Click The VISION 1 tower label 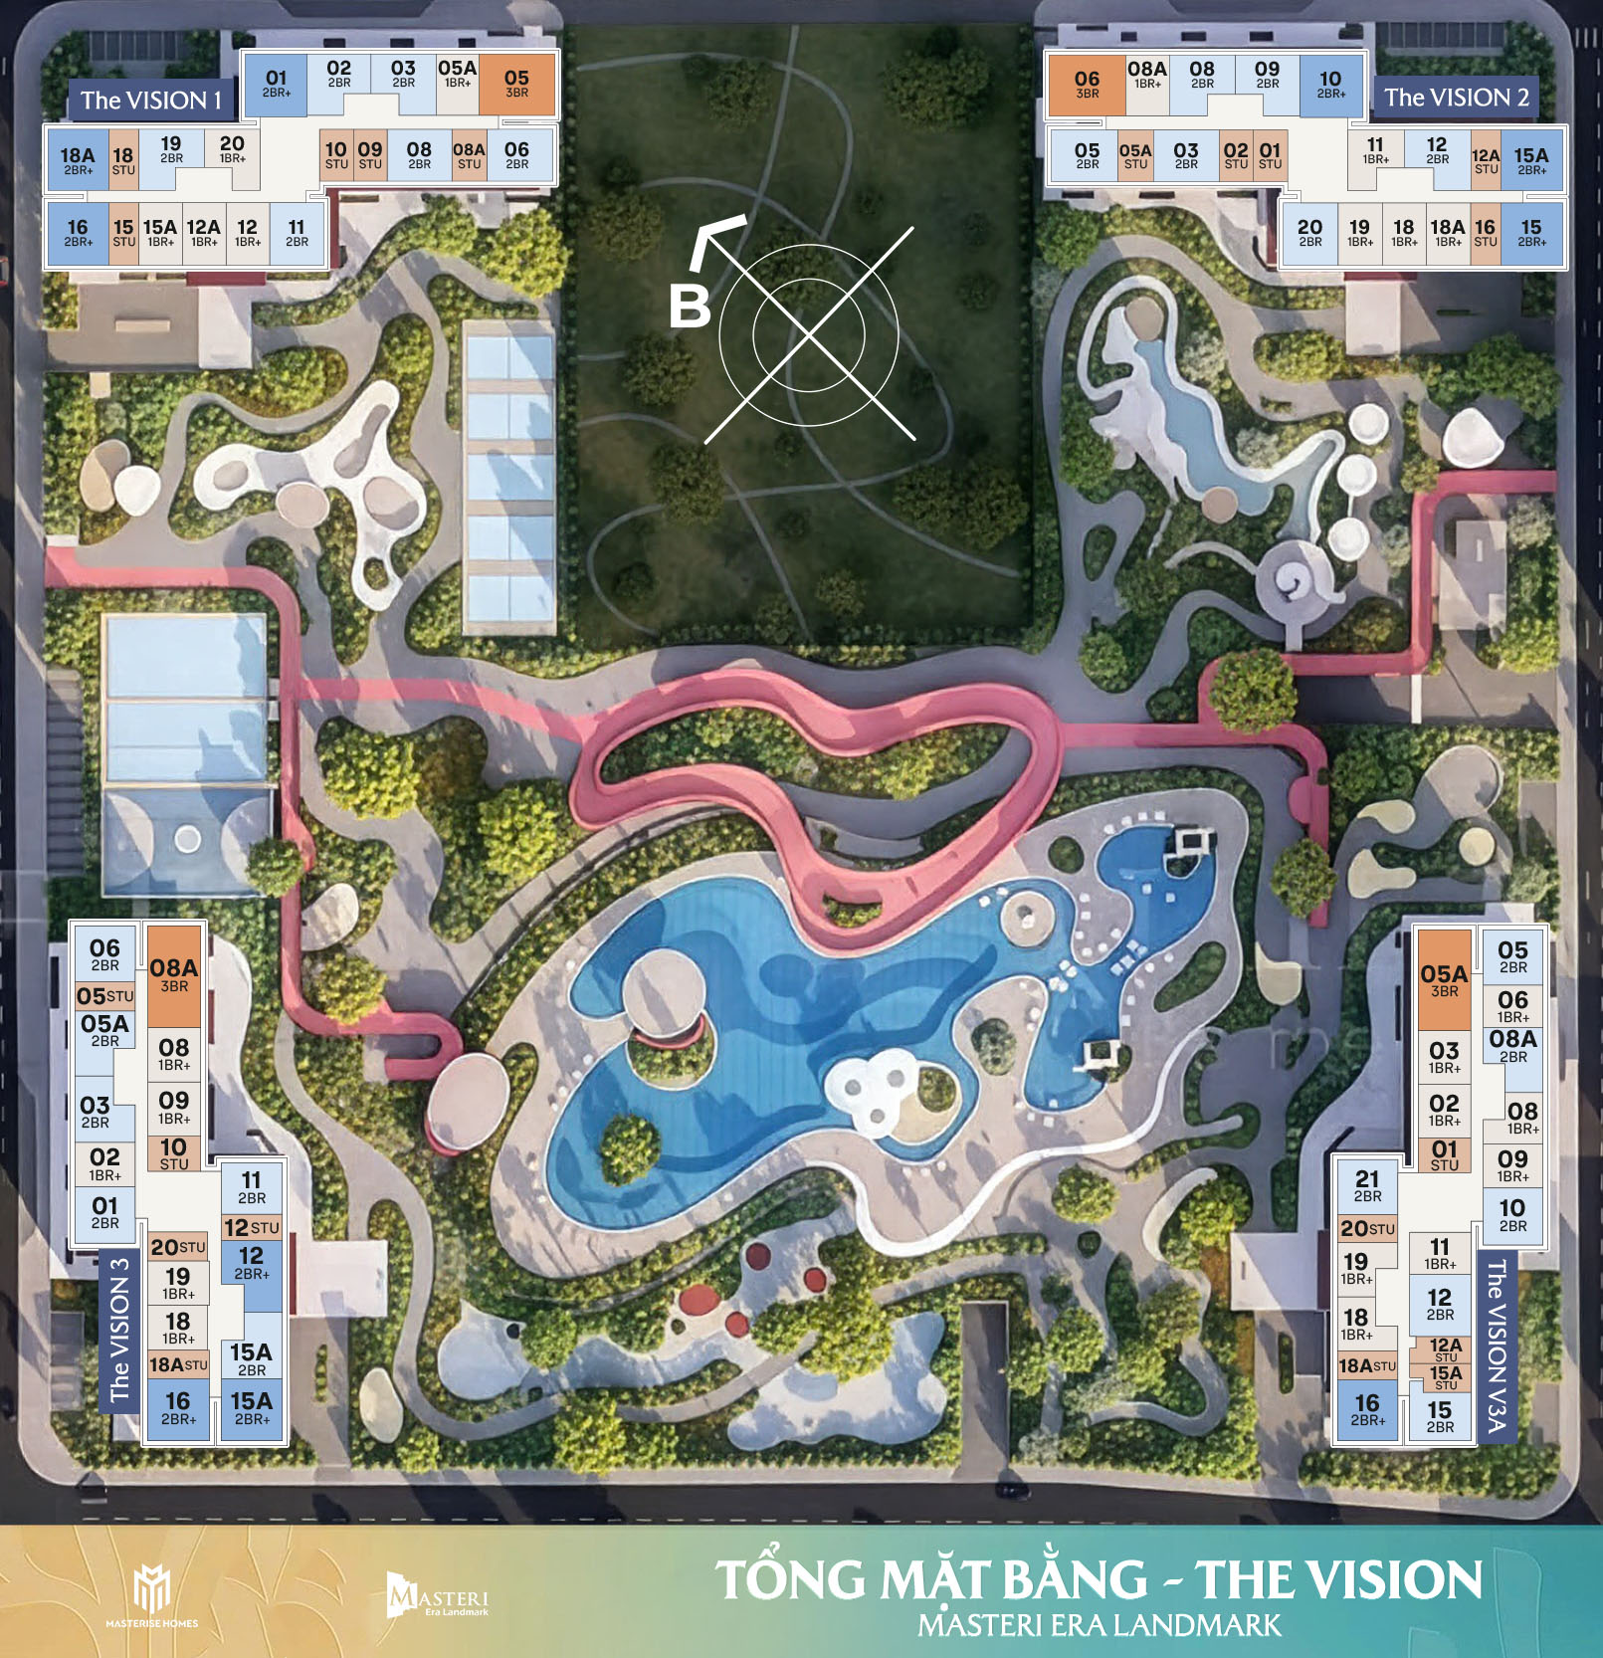click(x=150, y=101)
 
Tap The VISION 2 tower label click(x=1456, y=98)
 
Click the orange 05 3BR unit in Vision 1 click(x=516, y=84)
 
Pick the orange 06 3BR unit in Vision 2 click(x=1087, y=84)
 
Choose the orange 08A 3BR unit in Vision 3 click(x=174, y=975)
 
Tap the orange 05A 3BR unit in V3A click(x=1444, y=980)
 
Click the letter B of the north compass click(x=690, y=306)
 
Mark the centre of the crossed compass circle click(x=809, y=334)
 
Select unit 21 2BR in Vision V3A click(x=1367, y=1185)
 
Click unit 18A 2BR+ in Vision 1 click(x=78, y=160)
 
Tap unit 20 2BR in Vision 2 click(x=1309, y=233)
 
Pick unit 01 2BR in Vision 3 click(x=104, y=1212)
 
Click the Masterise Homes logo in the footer click(x=152, y=1593)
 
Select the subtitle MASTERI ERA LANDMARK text click(x=1099, y=1625)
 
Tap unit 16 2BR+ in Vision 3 click(x=178, y=1408)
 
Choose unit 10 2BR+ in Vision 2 click(x=1330, y=85)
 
